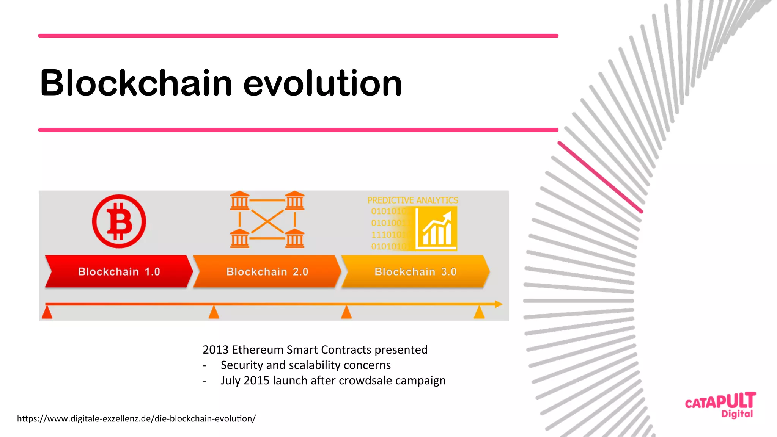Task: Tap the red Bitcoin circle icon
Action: tap(119, 221)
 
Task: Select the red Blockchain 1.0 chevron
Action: tap(119, 271)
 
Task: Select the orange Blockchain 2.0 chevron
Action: tap(267, 271)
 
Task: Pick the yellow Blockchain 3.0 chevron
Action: tap(415, 271)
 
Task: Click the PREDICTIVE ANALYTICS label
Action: tap(412, 200)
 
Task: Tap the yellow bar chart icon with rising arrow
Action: tap(436, 229)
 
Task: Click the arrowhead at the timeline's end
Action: tap(499, 304)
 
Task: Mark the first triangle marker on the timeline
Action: tap(47, 313)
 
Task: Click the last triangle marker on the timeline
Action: tap(479, 313)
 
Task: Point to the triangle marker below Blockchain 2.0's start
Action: tap(214, 313)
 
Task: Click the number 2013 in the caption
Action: tap(215, 349)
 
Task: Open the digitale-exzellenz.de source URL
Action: tap(136, 418)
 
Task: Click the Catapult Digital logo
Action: tap(720, 405)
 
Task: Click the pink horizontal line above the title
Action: tap(298, 36)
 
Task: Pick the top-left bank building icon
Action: tap(239, 200)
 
